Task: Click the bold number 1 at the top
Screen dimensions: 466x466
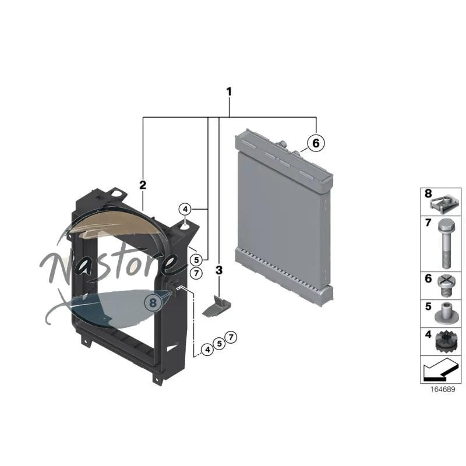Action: [x=229, y=92]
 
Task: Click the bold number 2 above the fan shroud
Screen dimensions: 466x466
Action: [x=143, y=185]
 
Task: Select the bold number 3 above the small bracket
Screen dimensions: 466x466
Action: [x=219, y=270]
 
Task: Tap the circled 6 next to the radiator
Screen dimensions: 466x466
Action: [x=316, y=143]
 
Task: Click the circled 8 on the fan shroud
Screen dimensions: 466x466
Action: [x=153, y=302]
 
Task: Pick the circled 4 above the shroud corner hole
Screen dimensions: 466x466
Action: [x=185, y=210]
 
